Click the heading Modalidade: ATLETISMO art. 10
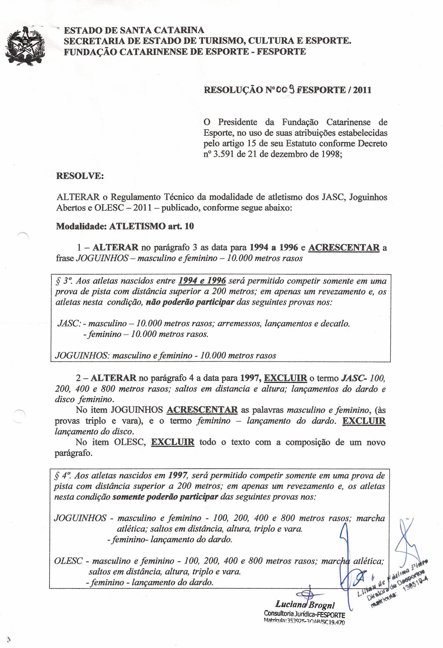tap(125, 226)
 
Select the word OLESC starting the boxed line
tap(68, 561)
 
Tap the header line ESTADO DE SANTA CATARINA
tap(134, 30)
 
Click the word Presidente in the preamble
tap(237, 122)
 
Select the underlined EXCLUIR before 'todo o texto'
tap(173, 442)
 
